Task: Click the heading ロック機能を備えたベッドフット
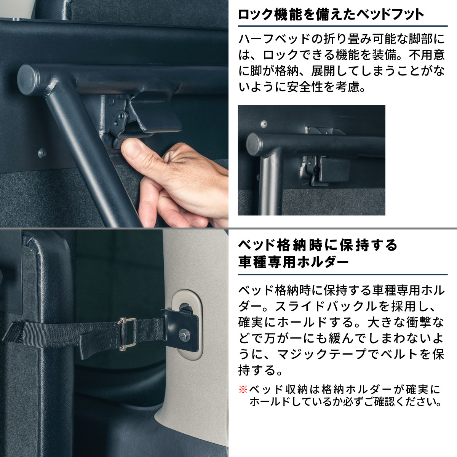331,15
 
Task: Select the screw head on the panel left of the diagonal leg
42,153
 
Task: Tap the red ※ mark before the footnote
243,390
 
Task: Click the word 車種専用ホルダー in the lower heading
294,262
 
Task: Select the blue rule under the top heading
343,26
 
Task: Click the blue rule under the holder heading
343,275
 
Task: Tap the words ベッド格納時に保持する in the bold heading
318,245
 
